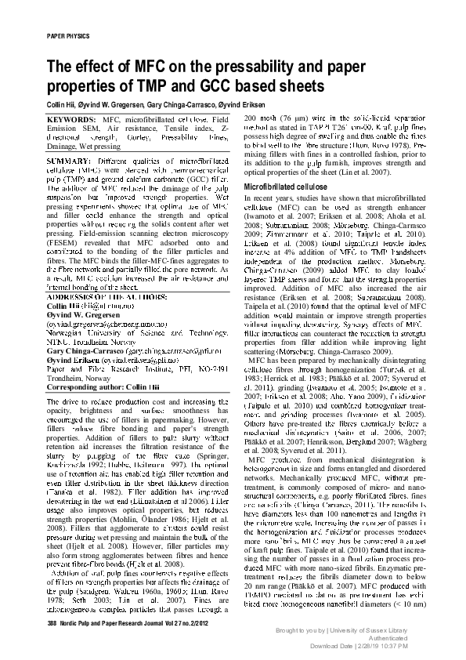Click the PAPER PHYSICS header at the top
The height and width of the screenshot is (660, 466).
[69, 36]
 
